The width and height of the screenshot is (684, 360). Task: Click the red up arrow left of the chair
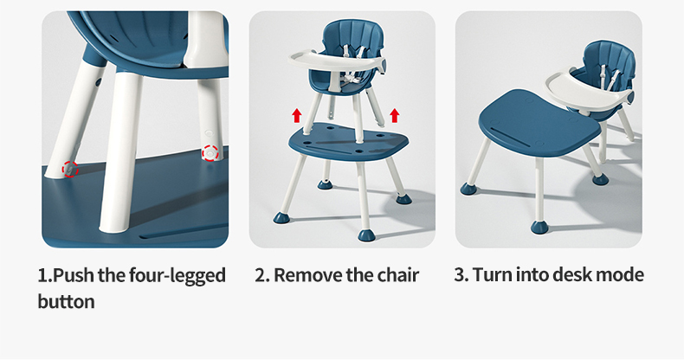tap(297, 115)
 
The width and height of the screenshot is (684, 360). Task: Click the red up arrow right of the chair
tap(395, 115)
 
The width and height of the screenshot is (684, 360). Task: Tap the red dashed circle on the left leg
tap(70, 169)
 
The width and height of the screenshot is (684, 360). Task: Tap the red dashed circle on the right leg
tap(210, 153)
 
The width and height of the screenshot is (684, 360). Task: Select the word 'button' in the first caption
tap(67, 302)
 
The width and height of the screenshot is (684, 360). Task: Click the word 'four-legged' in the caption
tap(177, 276)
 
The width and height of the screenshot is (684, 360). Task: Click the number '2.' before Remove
tap(262, 275)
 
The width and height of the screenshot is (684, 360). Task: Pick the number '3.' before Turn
tap(461, 275)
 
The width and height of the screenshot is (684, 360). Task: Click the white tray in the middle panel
tap(336, 62)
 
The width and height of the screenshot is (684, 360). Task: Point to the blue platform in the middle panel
tap(348, 142)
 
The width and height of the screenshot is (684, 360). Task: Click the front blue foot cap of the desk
tap(539, 227)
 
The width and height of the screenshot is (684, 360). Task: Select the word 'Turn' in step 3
tap(492, 275)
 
